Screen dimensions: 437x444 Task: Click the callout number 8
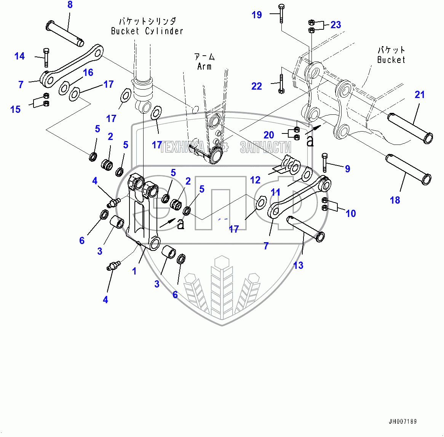[70, 5]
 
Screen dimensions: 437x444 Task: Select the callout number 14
[19, 56]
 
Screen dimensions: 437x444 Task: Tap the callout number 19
[257, 15]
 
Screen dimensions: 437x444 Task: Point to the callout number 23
[336, 25]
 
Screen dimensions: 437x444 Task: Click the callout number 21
[420, 95]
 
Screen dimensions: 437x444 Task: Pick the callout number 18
[395, 200]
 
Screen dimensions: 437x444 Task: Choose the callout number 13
[298, 265]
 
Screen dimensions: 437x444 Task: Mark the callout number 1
[134, 271]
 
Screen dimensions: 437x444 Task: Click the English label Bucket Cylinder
[147, 31]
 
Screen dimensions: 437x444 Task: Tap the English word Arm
[204, 67]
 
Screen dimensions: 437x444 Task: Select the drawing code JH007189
[402, 421]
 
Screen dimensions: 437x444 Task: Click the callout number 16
[88, 72]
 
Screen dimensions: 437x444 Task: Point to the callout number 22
[257, 86]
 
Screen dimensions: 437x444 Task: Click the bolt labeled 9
[324, 162]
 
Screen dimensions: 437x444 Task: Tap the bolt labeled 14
[46, 57]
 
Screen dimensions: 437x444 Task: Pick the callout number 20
[269, 135]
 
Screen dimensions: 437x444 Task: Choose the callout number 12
[255, 180]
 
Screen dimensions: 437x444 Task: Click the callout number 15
[15, 109]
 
